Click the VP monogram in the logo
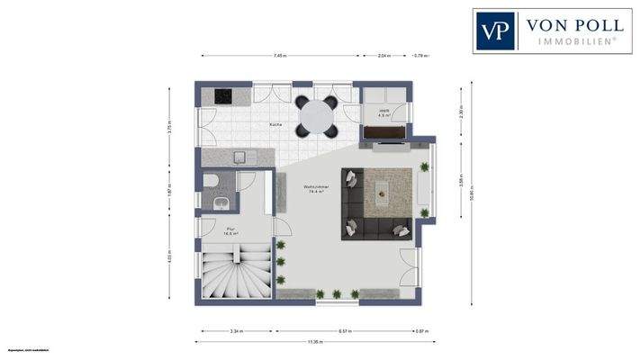point(496,31)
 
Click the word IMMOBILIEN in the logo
point(575,40)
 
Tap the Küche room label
point(276,124)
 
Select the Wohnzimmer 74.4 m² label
point(317,188)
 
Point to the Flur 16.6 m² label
point(231,231)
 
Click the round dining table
point(316,115)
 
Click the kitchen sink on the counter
point(241,157)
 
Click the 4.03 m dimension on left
point(169,261)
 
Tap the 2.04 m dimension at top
point(384,56)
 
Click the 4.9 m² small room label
point(383,113)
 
